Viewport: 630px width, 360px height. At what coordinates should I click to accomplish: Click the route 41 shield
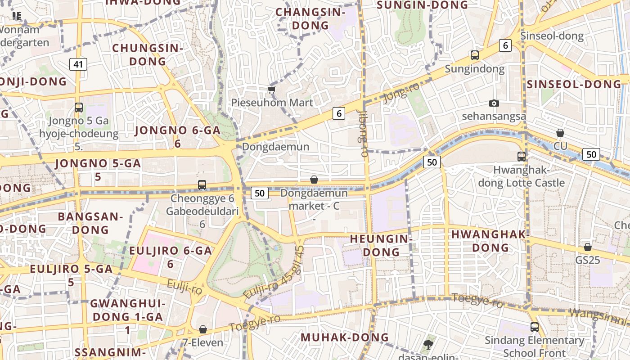pos(78,64)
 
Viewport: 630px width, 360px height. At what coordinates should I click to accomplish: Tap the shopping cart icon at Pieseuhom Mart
pos(271,90)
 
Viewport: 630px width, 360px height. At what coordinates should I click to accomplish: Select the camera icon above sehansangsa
pos(494,103)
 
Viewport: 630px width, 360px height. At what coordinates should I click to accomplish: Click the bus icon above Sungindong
pos(474,55)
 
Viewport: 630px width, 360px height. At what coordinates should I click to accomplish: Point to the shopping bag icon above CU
pos(560,133)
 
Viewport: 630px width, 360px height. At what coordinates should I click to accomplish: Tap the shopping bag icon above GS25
pos(587,247)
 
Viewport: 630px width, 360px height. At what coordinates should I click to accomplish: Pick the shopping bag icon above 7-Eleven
pos(203,330)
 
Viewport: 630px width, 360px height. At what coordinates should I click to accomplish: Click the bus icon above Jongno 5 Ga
pos(79,108)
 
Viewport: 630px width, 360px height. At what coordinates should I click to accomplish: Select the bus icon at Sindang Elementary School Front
pos(534,327)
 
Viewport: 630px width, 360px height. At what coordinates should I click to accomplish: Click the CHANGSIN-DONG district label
pos(310,19)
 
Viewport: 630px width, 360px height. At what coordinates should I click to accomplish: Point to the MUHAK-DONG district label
pos(345,337)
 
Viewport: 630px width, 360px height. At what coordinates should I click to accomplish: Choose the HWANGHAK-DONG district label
pos(490,241)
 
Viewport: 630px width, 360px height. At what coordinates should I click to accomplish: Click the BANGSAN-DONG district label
pos(90,223)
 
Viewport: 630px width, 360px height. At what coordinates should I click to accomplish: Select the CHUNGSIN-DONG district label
pos(148,54)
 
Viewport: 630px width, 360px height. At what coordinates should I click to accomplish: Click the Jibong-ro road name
pos(363,133)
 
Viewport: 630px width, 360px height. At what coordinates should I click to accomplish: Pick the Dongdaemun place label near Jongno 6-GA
pos(275,147)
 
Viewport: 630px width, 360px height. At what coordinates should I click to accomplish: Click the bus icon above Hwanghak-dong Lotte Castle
pos(521,157)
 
